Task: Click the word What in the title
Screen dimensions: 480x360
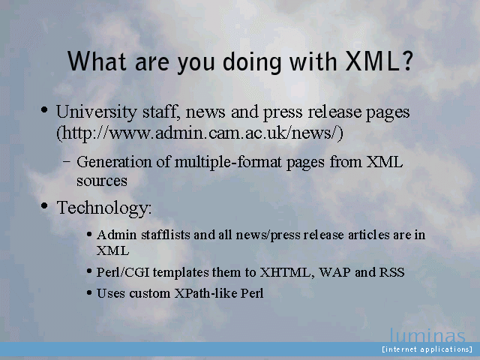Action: pyautogui.click(x=97, y=61)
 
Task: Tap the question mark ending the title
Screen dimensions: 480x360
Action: pyautogui.click(x=407, y=61)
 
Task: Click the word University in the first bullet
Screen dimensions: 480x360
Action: pyautogui.click(x=97, y=112)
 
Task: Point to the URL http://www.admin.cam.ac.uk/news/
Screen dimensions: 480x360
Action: pyautogui.click(x=200, y=133)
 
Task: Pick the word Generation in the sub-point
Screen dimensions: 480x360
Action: pyautogui.click(x=114, y=162)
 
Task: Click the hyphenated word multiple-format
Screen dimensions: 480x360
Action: pyautogui.click(x=228, y=162)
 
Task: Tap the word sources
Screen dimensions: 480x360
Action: pyautogui.click(x=102, y=181)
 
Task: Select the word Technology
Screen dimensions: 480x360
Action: pyautogui.click(x=103, y=208)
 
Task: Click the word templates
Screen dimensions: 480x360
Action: pyautogui.click(x=181, y=272)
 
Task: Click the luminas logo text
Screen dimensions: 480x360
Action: pyautogui.click(x=427, y=335)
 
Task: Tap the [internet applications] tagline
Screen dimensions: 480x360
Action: pyautogui.click(x=427, y=349)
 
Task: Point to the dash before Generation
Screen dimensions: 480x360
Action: pyautogui.click(x=67, y=162)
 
